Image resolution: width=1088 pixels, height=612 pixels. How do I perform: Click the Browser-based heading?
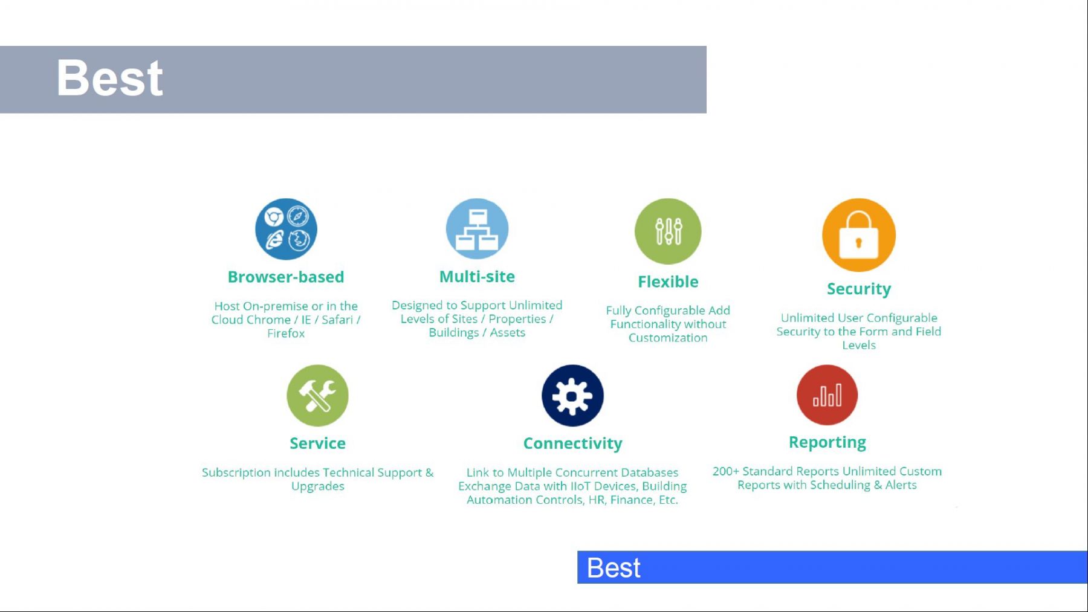[286, 277]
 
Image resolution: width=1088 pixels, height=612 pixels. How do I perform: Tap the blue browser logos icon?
[286, 229]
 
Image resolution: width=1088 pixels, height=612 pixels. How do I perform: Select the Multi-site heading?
[477, 276]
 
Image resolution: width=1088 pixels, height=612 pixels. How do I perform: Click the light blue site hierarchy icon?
[477, 229]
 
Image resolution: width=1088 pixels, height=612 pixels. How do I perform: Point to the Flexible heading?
[668, 282]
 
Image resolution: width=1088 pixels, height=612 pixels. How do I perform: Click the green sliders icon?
[668, 231]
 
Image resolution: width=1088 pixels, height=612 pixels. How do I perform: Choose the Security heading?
[859, 289]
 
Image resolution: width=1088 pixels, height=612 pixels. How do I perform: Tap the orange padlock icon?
[859, 235]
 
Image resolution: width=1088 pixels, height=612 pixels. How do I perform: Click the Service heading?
[317, 443]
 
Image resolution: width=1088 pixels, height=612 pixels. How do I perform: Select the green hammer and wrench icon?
[317, 396]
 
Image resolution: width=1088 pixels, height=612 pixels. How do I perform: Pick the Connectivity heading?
[572, 443]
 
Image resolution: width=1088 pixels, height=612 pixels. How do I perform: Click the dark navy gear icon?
[572, 396]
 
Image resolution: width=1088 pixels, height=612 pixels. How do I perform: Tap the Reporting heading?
[827, 443]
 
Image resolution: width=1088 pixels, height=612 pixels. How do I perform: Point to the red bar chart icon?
[827, 395]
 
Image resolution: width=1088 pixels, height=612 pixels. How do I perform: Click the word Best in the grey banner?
[109, 78]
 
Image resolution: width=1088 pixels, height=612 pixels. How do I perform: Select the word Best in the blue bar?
[614, 568]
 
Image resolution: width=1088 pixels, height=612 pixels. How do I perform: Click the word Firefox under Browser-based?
[286, 333]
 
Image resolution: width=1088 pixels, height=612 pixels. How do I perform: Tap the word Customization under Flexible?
[668, 338]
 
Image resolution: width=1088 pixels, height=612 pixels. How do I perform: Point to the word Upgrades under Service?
[318, 487]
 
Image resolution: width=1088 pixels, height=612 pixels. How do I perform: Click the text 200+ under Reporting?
[725, 471]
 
